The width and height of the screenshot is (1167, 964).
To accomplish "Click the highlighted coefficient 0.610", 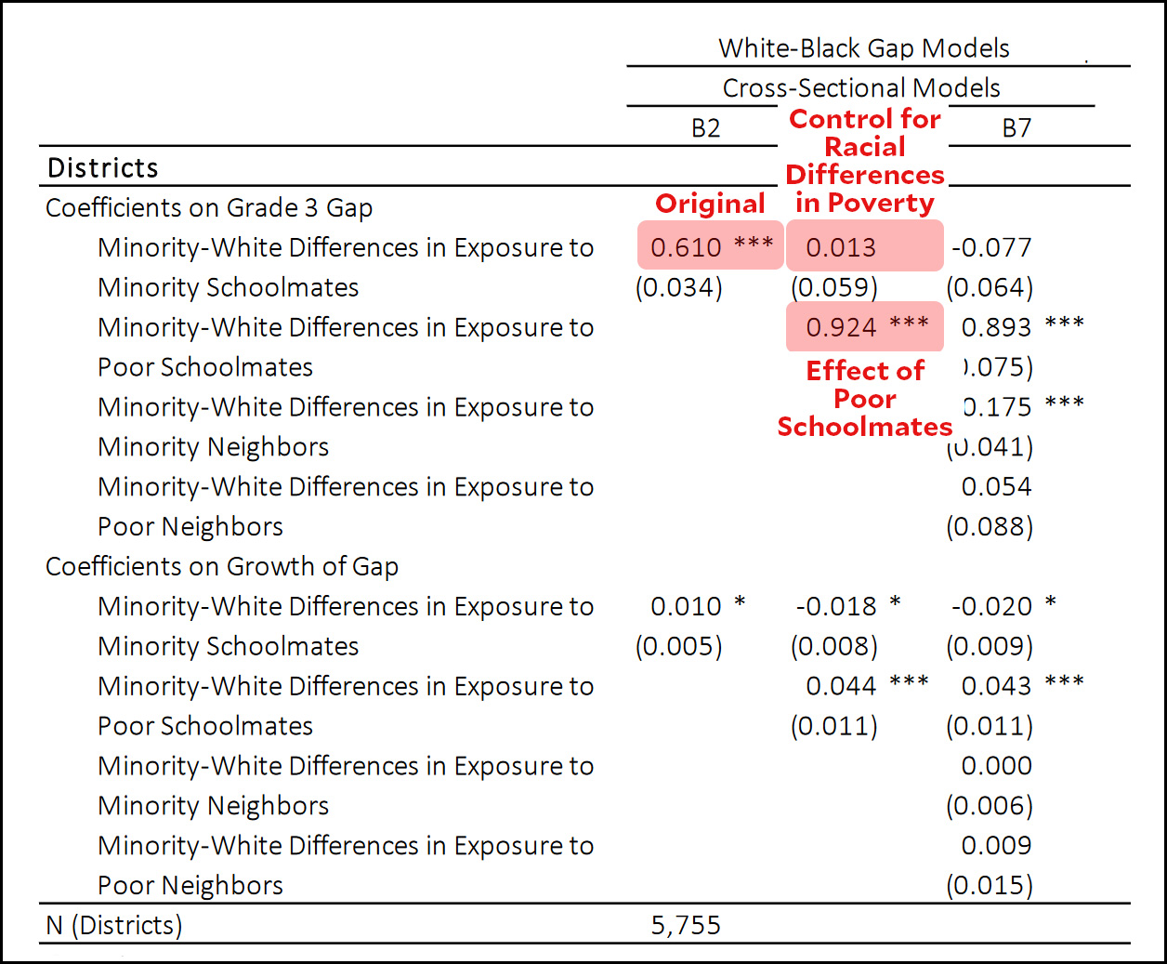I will coord(687,247).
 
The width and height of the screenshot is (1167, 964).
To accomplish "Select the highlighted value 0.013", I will coord(841,247).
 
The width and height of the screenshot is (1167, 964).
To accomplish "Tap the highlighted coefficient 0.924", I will coord(842,327).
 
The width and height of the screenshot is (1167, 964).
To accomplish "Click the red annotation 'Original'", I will coord(710,204).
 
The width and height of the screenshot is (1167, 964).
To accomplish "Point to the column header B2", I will coord(705,128).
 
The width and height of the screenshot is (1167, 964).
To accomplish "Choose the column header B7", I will coord(1016,128).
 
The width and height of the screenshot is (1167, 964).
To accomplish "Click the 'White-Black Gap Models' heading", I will coord(864,48).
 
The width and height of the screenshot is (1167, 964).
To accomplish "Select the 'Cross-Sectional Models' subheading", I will coord(861,88).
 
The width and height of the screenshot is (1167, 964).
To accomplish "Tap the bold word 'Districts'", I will coord(103,168).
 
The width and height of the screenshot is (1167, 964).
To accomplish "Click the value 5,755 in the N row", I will coord(686,925).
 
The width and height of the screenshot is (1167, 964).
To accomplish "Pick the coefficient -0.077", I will coord(991,247).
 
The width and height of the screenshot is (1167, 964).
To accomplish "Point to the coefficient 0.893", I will coord(996,327).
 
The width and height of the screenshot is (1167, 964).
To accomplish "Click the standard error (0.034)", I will coord(679,287).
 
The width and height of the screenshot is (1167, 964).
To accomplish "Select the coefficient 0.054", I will coord(996,486).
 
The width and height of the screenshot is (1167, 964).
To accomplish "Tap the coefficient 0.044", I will coord(841,686).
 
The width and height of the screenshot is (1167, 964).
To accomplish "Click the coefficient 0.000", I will coord(996,766).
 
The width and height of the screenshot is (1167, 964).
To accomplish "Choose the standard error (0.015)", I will coord(990,885).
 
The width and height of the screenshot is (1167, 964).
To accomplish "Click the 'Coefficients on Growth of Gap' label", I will coord(222,566).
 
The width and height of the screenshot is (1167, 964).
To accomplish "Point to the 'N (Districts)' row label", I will coord(114,925).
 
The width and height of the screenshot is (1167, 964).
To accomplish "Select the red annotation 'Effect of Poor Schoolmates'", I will coord(865,399).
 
